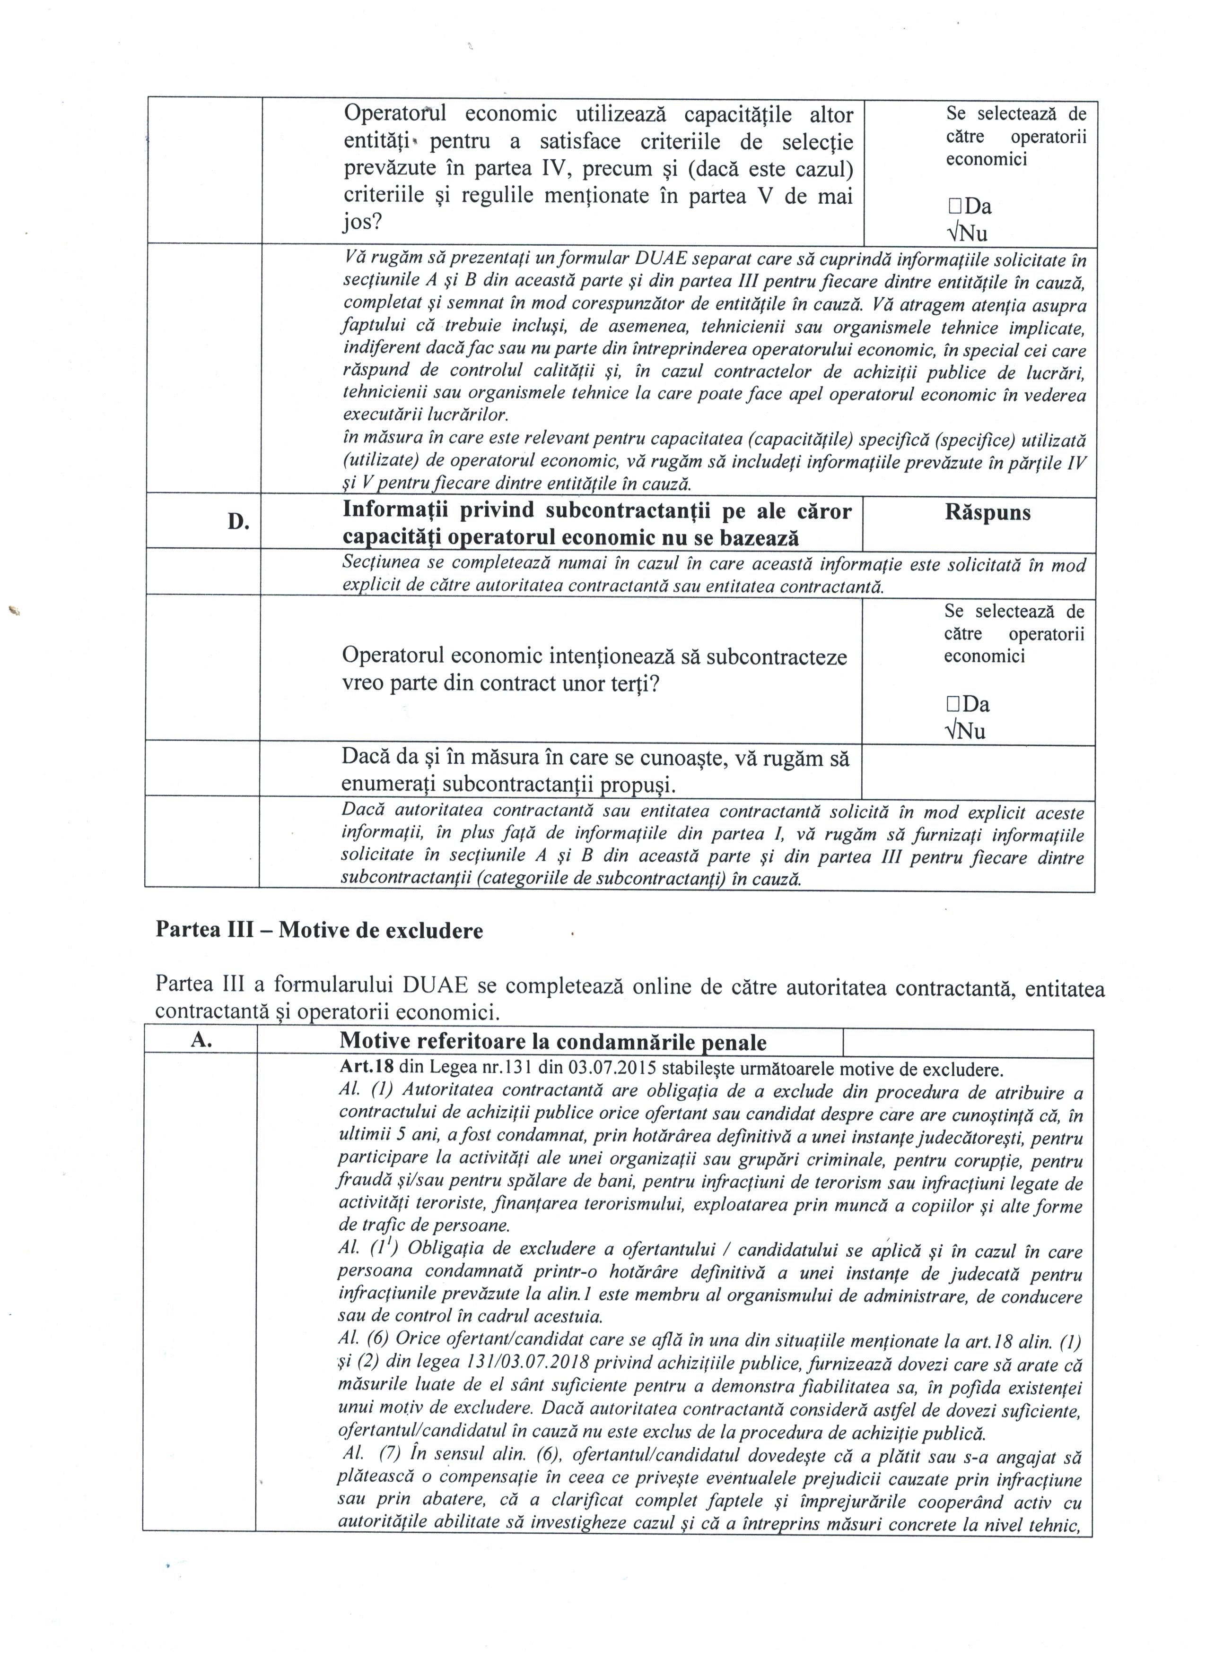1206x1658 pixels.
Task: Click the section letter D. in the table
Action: click(x=238, y=522)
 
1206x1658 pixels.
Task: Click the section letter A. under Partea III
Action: click(x=201, y=1041)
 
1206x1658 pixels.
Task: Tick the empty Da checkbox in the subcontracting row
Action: click(x=952, y=705)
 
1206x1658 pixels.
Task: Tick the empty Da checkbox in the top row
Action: click(x=953, y=207)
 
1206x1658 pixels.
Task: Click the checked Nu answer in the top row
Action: click(x=966, y=233)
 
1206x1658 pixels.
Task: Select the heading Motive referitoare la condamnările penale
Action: click(x=553, y=1042)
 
